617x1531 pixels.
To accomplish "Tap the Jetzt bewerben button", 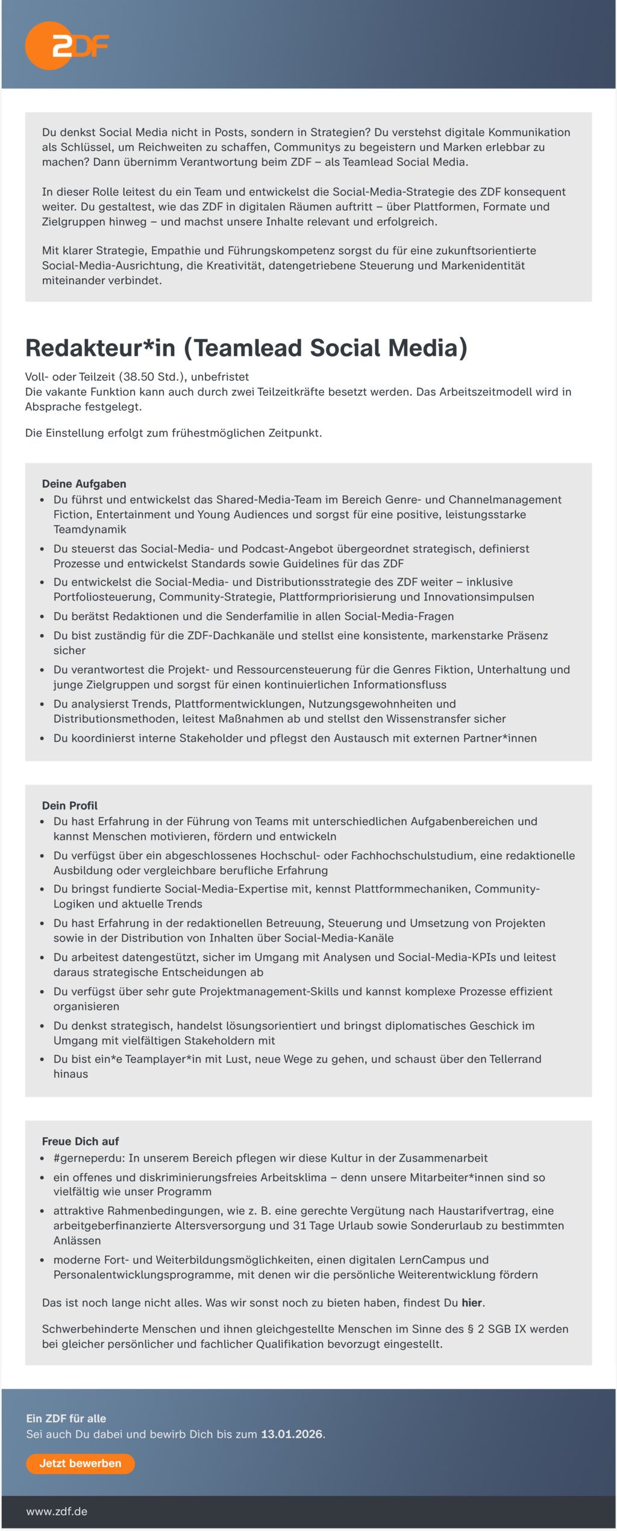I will point(80,1463).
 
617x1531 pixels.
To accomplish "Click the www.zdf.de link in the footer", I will point(57,1511).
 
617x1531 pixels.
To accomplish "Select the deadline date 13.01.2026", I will point(292,1434).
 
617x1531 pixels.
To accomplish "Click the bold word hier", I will point(472,1303).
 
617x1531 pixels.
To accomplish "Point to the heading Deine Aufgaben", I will point(84,484).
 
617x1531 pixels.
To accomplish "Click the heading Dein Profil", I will point(69,805).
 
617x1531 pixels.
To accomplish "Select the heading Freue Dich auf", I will point(80,1141).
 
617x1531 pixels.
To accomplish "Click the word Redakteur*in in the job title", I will point(100,348).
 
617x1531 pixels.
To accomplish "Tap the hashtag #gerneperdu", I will point(89,1158).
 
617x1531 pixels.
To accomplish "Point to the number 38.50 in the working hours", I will point(138,377).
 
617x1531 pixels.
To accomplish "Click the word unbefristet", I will point(220,377).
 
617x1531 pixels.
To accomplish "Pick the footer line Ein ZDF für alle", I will point(66,1418).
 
